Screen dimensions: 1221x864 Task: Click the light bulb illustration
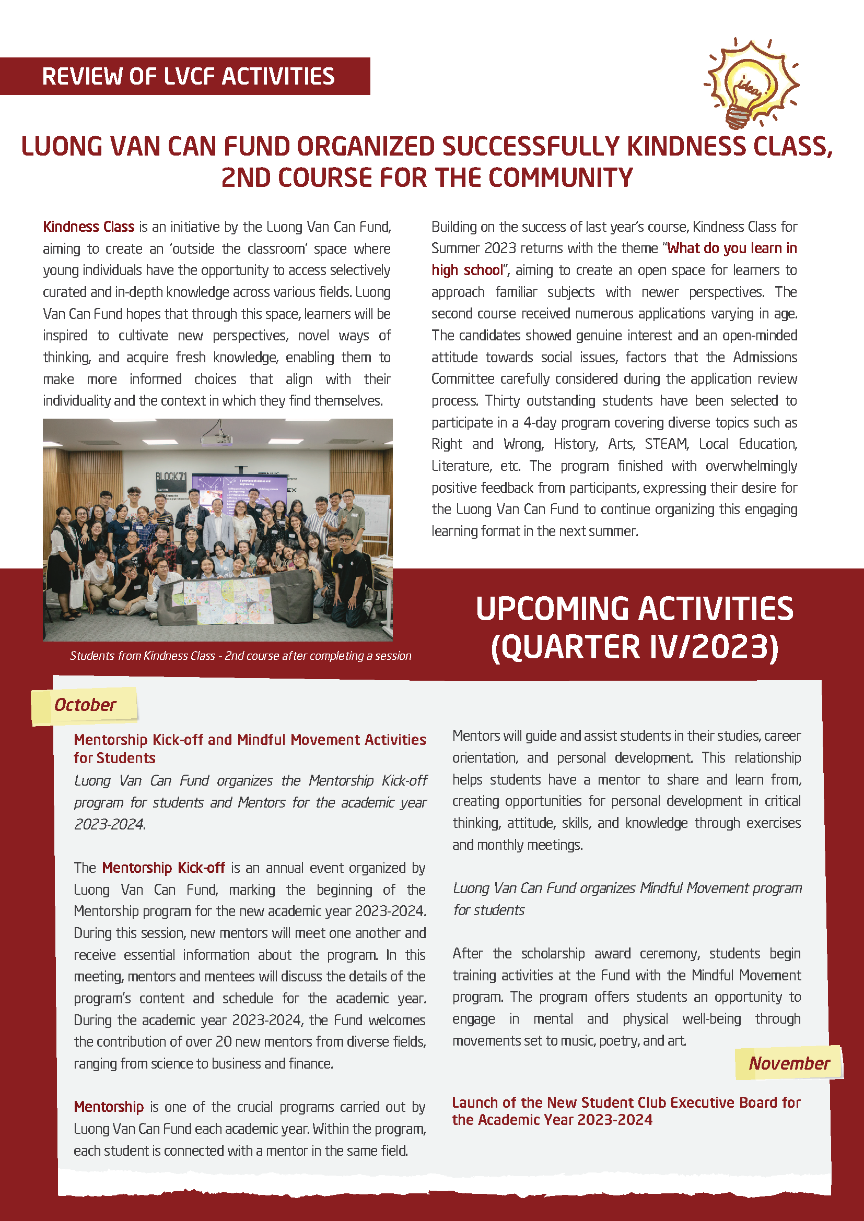(750, 82)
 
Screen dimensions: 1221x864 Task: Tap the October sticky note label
(85, 705)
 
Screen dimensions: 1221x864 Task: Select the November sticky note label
(788, 1063)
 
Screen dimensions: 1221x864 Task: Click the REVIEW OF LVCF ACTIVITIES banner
(188, 77)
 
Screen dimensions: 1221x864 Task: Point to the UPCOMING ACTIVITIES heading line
(634, 609)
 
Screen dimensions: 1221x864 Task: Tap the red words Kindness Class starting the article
(88, 227)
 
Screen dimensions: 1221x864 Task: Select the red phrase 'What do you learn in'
(731, 248)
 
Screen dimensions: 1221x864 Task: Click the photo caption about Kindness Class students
(240, 656)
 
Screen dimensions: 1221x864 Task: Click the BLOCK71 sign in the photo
(171, 476)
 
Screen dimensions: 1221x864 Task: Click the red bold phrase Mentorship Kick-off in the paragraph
(164, 868)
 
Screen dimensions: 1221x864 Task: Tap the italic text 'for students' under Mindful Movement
(488, 910)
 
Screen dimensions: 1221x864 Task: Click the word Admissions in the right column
(765, 358)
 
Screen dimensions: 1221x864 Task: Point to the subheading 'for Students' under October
(114, 758)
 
